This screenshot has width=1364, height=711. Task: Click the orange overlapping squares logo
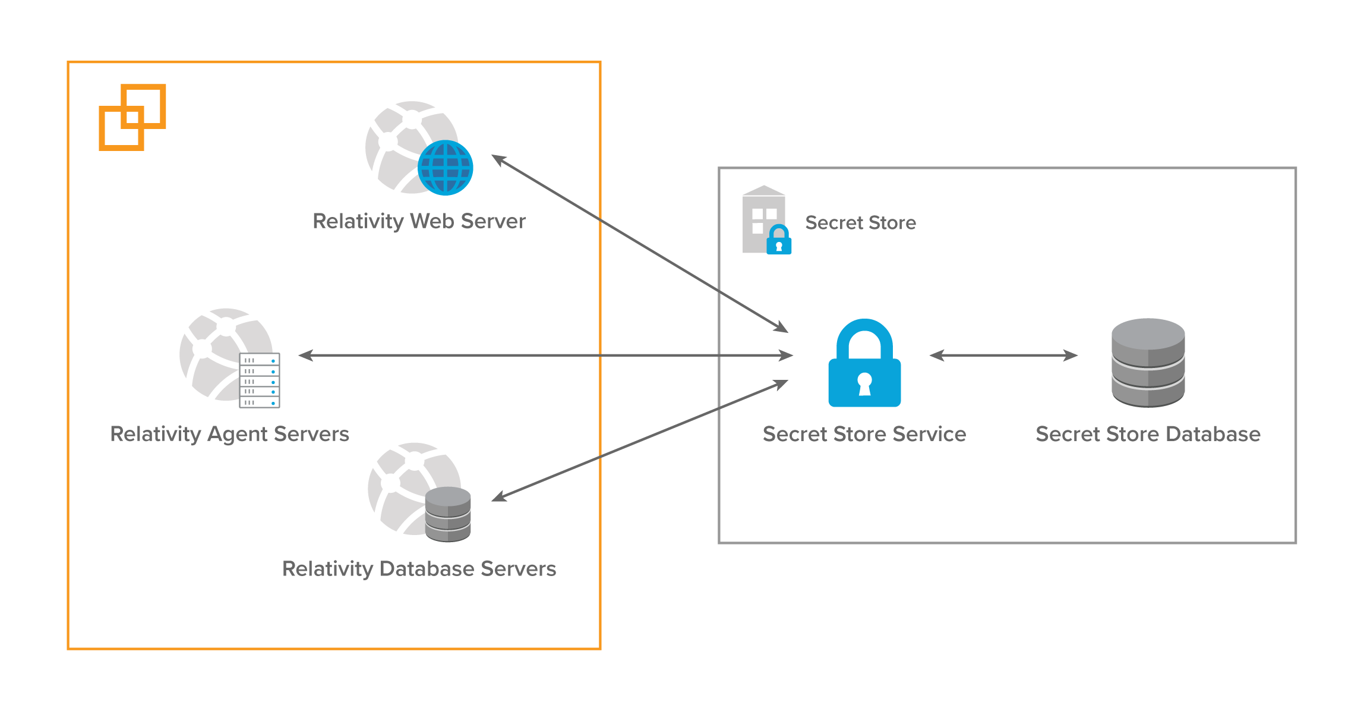click(x=132, y=117)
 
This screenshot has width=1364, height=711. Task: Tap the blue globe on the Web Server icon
click(x=446, y=168)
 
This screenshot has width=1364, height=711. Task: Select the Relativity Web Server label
click(x=419, y=221)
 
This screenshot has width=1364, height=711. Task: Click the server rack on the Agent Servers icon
click(x=260, y=380)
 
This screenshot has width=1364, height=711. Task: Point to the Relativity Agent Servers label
click(x=229, y=434)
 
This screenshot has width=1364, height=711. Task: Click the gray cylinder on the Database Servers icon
click(x=448, y=514)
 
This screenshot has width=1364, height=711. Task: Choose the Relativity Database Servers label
click(x=419, y=569)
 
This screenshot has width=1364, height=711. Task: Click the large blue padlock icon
click(x=864, y=363)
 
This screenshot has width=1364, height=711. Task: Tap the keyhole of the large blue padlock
click(x=865, y=384)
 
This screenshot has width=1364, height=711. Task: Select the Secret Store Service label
click(x=864, y=434)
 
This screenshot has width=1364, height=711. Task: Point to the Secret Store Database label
click(x=1148, y=434)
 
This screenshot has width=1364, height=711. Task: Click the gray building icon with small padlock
click(x=764, y=220)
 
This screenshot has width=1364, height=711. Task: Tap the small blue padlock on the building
click(x=779, y=240)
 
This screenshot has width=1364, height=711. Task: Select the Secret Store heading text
click(x=860, y=223)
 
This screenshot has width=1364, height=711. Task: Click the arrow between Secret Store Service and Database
click(x=1003, y=355)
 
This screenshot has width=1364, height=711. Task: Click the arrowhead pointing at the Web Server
click(x=498, y=159)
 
